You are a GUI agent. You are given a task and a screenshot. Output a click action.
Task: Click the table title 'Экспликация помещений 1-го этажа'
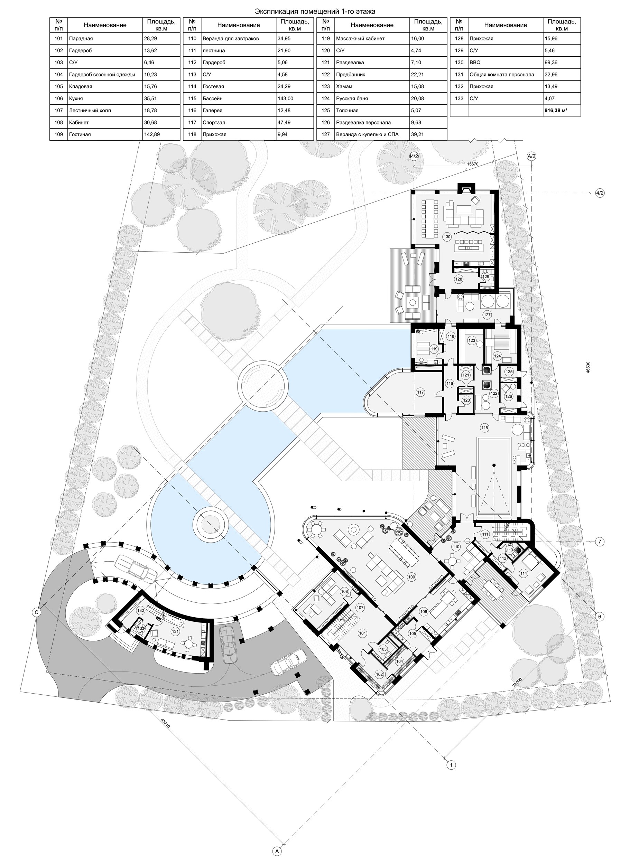tap(315, 11)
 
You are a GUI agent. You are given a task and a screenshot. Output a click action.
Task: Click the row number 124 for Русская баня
tap(326, 98)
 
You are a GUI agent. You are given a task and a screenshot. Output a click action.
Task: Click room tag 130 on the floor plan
tap(447, 237)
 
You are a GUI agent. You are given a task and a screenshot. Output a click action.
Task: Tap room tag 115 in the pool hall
tap(484, 428)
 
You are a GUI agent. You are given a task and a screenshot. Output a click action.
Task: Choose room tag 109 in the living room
tap(411, 577)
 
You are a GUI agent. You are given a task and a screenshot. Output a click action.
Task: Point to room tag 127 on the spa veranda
tap(487, 315)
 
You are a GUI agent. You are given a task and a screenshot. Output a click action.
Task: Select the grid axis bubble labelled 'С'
tap(37, 612)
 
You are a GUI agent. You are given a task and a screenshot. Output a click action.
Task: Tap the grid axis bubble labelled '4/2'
tap(600, 193)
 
